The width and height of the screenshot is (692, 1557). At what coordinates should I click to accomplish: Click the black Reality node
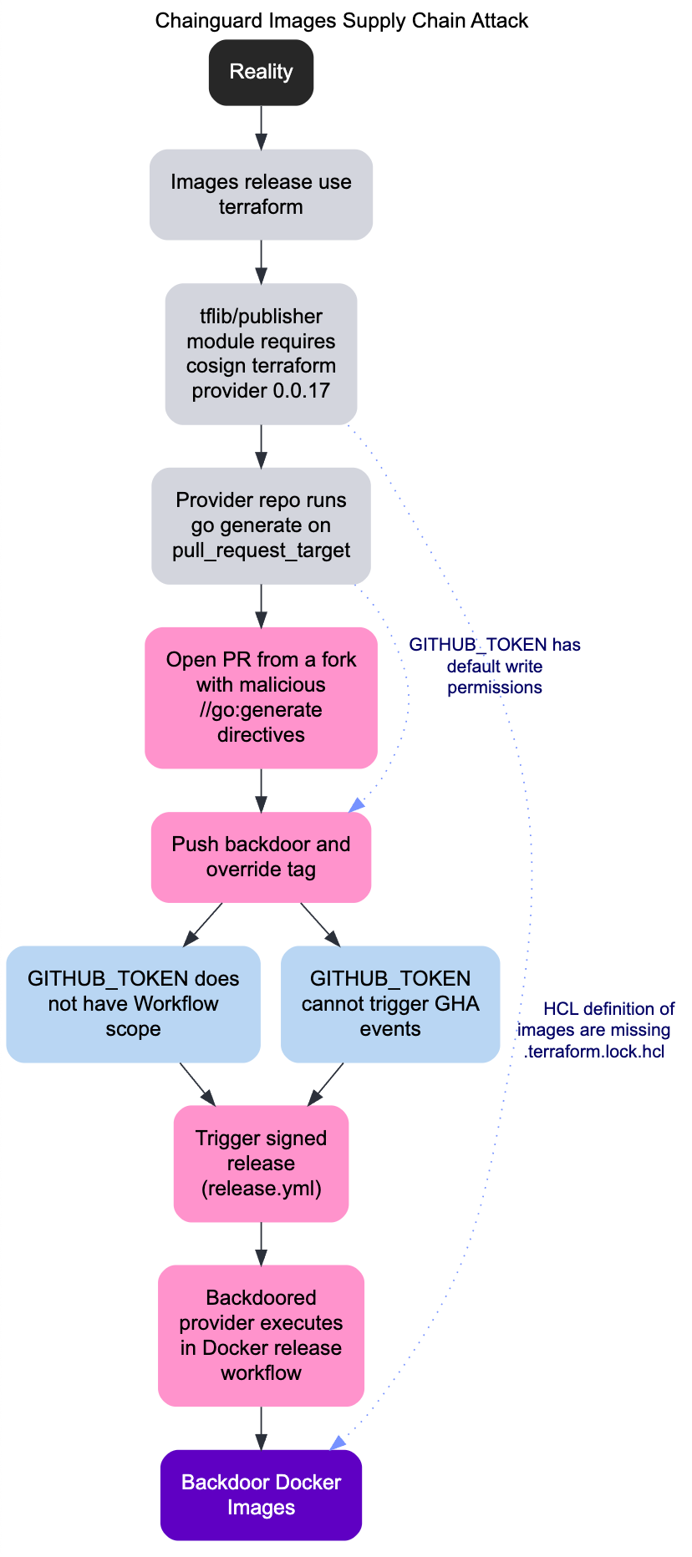tap(261, 72)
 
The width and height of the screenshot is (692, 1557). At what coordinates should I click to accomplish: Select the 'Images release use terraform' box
tap(261, 195)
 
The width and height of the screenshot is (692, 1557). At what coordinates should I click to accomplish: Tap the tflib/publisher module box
tap(261, 353)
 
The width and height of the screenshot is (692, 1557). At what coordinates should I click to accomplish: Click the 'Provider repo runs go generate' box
tap(261, 525)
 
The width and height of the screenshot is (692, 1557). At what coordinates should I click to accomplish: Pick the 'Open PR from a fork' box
tap(261, 697)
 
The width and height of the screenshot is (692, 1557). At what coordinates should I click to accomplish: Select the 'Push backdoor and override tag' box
tap(261, 857)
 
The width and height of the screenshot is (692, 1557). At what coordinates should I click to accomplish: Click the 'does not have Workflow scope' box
tap(133, 1004)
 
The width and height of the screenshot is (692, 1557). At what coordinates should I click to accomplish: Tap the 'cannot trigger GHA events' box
tap(390, 1004)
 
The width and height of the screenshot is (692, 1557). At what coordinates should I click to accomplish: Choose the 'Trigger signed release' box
tap(261, 1164)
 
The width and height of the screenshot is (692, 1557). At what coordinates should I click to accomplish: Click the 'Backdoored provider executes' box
tap(261, 1336)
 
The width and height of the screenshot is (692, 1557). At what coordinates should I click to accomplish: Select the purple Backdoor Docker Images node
tap(261, 1495)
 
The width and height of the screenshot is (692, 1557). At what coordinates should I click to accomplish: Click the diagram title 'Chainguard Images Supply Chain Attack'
tap(341, 20)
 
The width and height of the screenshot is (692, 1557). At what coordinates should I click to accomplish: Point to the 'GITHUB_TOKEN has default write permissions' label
tap(495, 667)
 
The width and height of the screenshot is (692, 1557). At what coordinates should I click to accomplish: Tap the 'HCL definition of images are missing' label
tap(594, 1030)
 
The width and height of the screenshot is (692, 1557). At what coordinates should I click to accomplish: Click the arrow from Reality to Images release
tap(261, 128)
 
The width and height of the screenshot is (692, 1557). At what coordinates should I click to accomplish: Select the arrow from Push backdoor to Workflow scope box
tap(202, 924)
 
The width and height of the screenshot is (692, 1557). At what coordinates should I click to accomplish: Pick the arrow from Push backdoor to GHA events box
tap(320, 924)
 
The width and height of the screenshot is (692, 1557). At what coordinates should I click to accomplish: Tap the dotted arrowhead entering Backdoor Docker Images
tap(337, 1444)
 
